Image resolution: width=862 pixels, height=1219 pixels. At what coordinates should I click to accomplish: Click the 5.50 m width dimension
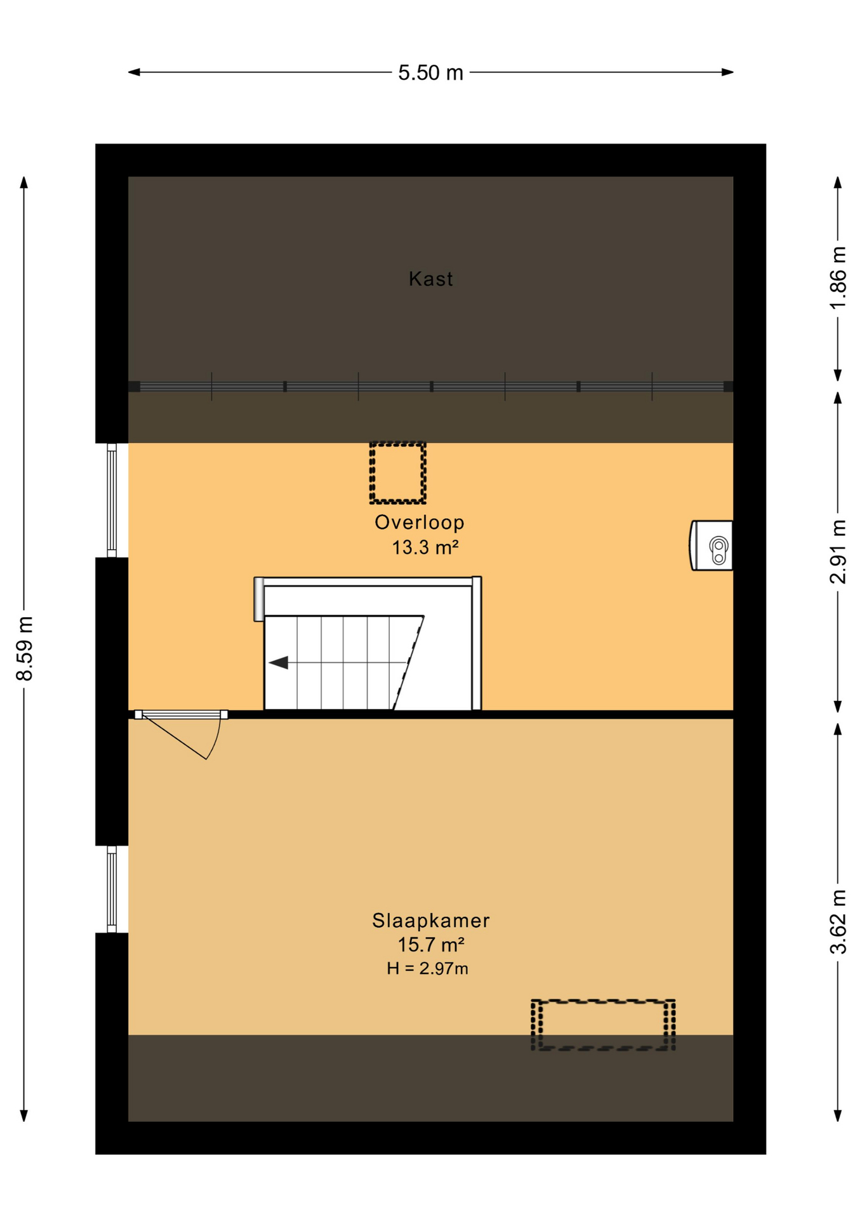(430, 73)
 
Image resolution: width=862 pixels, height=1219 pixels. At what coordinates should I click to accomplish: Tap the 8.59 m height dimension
(24, 648)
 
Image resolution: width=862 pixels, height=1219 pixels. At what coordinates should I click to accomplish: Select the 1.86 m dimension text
(838, 277)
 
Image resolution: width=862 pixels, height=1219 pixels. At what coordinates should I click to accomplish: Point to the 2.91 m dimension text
(838, 551)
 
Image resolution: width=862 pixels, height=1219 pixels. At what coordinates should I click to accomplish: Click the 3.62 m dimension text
(838, 922)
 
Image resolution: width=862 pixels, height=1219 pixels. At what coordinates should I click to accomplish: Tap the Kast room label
(430, 279)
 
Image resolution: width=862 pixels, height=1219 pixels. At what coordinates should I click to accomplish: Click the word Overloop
(419, 522)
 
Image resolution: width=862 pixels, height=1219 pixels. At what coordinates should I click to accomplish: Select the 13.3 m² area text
(425, 547)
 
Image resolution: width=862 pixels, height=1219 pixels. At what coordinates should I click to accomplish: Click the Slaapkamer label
(430, 920)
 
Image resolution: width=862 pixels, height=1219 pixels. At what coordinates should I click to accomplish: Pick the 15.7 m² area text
(430, 945)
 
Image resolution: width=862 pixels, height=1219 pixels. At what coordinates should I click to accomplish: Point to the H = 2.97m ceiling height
(427, 968)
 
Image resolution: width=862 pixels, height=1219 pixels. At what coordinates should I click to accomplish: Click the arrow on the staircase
(279, 663)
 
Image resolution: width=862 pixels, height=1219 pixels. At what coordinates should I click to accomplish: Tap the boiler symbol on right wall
(712, 545)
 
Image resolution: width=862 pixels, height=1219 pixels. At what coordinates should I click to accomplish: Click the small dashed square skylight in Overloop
(397, 473)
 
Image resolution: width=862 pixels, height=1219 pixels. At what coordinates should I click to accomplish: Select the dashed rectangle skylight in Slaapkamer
(602, 1025)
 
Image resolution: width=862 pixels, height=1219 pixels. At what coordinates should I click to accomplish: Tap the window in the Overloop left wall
(112, 500)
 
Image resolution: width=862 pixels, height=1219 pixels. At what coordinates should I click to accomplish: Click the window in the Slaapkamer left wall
(112, 889)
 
